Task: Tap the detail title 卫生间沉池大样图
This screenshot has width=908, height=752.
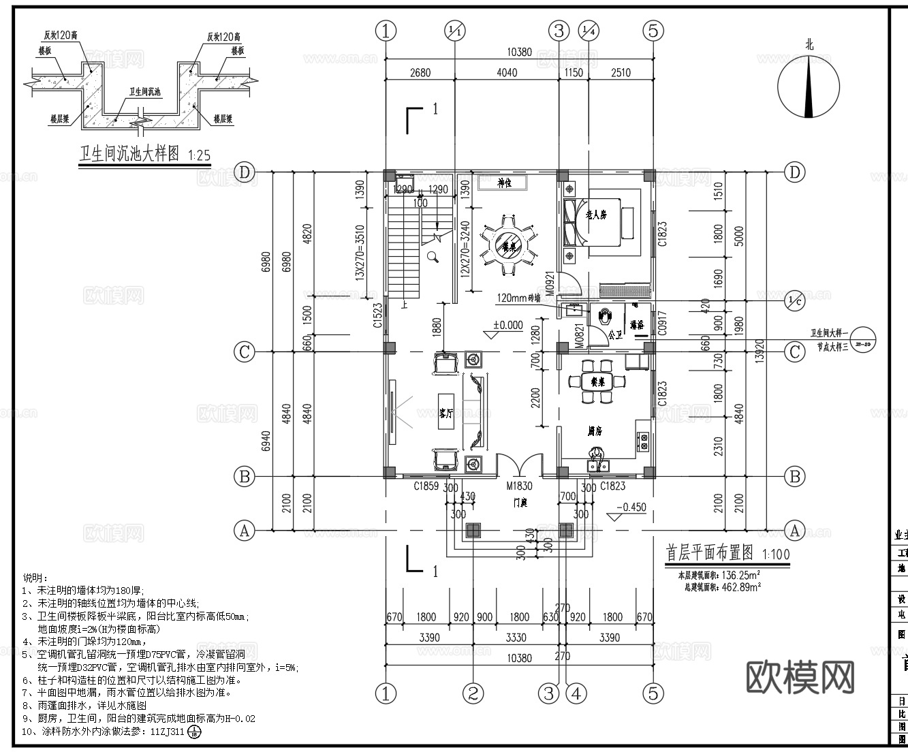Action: [129, 154]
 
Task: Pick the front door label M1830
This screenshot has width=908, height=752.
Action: [519, 486]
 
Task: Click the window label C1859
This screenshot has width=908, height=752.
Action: [426, 486]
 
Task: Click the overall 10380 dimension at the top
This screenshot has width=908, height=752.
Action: [520, 53]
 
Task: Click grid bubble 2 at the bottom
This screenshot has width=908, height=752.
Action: [473, 693]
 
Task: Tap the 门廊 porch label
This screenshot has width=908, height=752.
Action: [520, 503]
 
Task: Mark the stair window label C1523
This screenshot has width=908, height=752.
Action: [377, 316]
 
